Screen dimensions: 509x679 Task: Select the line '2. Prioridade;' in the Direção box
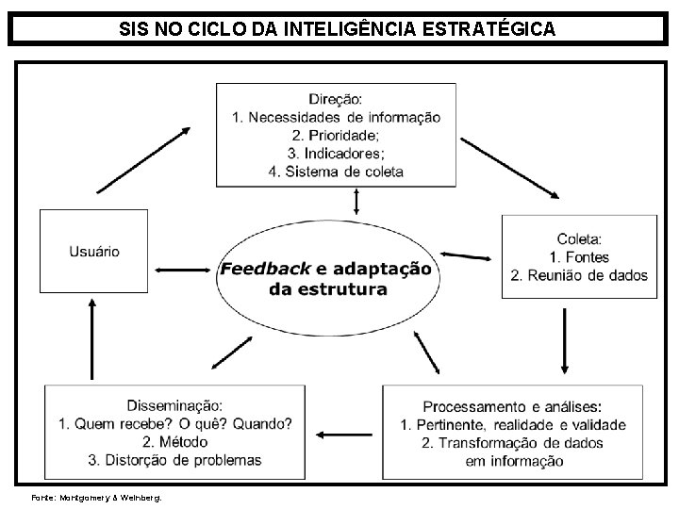click(x=337, y=135)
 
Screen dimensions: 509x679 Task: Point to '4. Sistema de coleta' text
click(x=337, y=172)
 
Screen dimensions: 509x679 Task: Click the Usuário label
click(x=94, y=252)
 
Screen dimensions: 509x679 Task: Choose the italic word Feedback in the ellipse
click(x=265, y=269)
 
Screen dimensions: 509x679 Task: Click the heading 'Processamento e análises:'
click(x=512, y=406)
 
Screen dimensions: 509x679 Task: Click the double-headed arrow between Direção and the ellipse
click(x=356, y=201)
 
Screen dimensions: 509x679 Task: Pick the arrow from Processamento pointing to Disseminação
click(x=346, y=435)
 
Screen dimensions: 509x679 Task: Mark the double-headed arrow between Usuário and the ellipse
click(x=182, y=270)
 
